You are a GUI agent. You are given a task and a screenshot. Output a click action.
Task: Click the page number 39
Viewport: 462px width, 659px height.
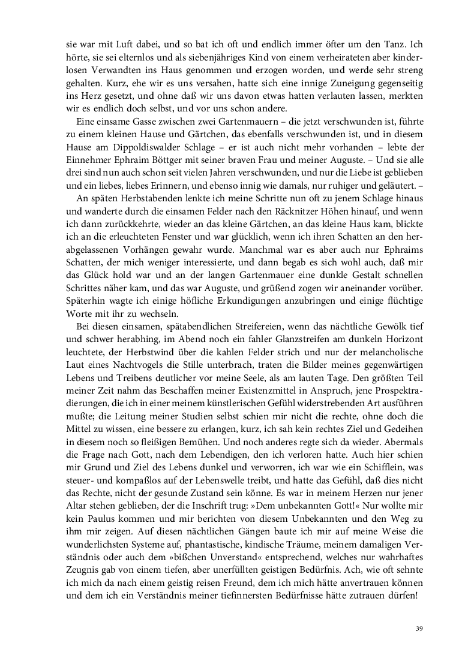(x=419, y=628)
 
